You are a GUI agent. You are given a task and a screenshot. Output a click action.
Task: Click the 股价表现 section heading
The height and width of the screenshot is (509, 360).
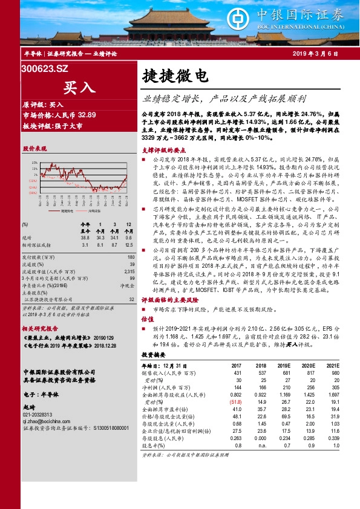coord(34,148)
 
